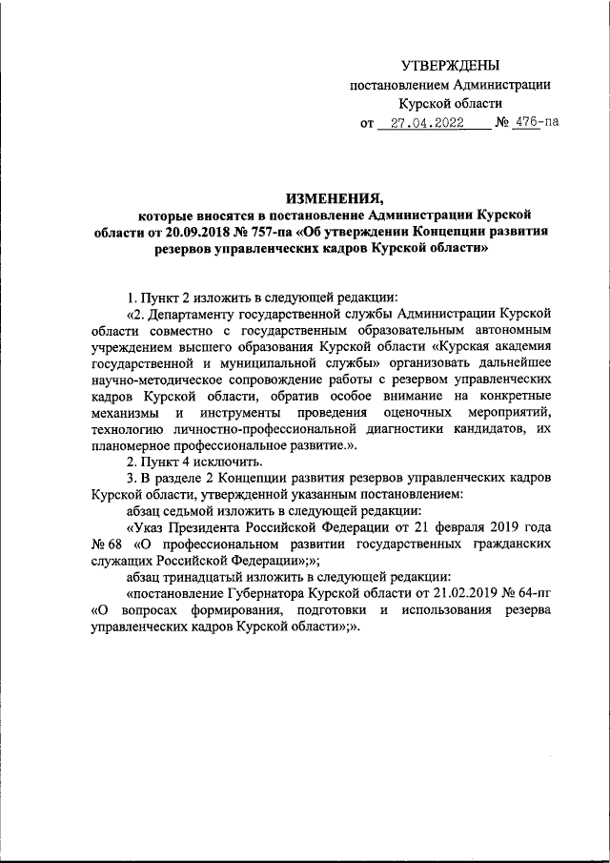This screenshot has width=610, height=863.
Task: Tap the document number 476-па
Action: [x=535, y=123]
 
